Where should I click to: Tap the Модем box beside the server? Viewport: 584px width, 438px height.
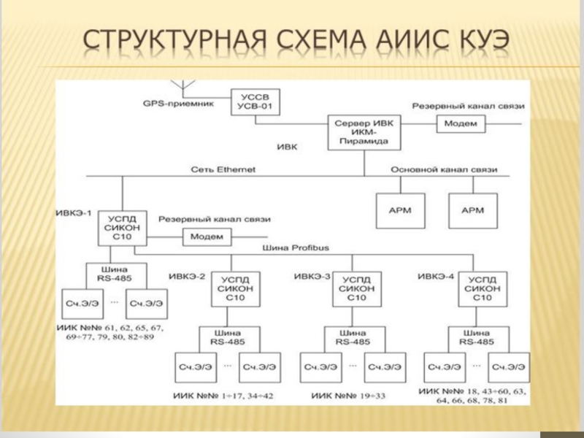[461, 123]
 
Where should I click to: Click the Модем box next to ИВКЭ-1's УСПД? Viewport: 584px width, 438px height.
[207, 237]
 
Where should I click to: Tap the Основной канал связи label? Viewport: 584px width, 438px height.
[444, 169]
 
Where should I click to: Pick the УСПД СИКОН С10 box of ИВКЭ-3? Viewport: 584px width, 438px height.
[356, 288]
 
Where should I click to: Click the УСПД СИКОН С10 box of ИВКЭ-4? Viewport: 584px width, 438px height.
[481, 288]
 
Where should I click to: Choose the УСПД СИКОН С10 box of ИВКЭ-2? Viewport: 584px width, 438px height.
[231, 288]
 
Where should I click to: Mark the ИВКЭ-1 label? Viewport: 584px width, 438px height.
[74, 213]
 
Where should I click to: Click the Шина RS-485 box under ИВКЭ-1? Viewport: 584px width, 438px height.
[117, 272]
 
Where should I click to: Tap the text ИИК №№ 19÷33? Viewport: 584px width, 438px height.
[347, 396]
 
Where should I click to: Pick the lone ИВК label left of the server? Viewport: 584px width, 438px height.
[286, 147]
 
